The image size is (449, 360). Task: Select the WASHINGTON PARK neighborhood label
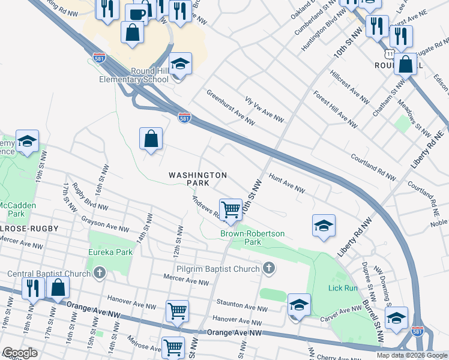coord(197,178)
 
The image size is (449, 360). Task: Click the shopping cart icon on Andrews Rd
coord(230,209)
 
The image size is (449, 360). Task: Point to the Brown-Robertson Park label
coord(252,238)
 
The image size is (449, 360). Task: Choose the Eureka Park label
coord(110,252)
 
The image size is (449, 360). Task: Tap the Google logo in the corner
coord(19,353)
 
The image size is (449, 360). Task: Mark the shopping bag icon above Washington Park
coord(151,139)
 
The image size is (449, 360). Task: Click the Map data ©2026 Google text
coord(411,355)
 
